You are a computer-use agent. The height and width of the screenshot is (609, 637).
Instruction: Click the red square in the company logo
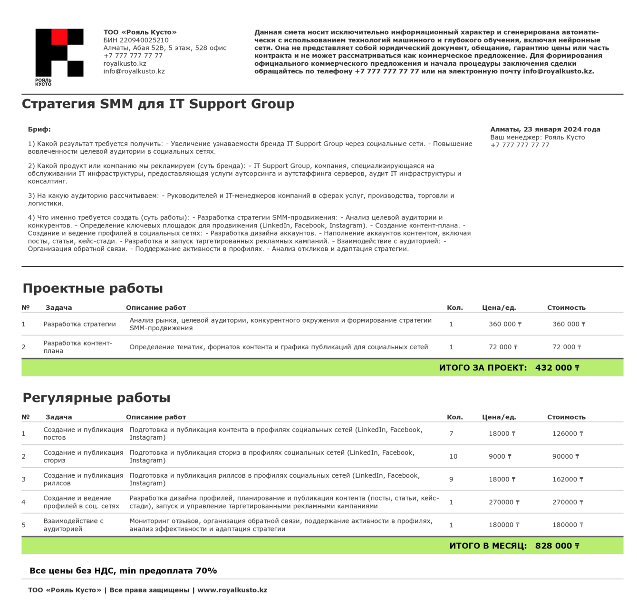pos(59,37)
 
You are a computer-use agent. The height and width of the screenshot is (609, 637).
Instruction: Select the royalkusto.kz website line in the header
pos(125,64)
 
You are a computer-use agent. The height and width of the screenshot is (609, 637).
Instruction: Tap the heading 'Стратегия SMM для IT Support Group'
pos(158,104)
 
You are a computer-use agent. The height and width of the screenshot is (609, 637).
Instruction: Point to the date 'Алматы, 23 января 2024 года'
pos(545,129)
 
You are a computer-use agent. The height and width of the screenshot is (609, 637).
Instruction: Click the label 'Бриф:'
pos(39,129)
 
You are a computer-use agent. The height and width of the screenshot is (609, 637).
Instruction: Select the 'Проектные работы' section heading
pos(93,288)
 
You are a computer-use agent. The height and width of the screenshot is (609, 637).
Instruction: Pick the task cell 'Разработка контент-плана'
pos(78,347)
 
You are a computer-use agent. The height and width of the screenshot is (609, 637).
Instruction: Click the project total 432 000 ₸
pos(557,368)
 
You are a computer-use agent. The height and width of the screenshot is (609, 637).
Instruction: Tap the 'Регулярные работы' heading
pos(97,398)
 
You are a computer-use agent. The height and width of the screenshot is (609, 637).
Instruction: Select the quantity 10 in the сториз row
pos(453,457)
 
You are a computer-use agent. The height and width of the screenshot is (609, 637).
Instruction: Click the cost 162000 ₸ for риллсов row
pos(568,480)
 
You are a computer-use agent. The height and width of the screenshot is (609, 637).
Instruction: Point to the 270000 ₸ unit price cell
pos(504,502)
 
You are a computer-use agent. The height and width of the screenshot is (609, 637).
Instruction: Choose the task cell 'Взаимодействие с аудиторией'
pos(74,525)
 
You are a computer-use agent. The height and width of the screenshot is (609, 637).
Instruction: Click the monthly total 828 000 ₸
pos(557,546)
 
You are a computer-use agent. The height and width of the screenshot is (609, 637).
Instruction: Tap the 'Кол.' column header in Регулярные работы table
pos(454,417)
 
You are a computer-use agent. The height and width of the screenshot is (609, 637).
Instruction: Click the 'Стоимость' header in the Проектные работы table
pos(566,308)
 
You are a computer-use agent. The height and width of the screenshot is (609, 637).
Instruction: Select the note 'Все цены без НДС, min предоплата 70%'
pos(123,571)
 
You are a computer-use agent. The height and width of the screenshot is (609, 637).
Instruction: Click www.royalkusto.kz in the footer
pos(232,590)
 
